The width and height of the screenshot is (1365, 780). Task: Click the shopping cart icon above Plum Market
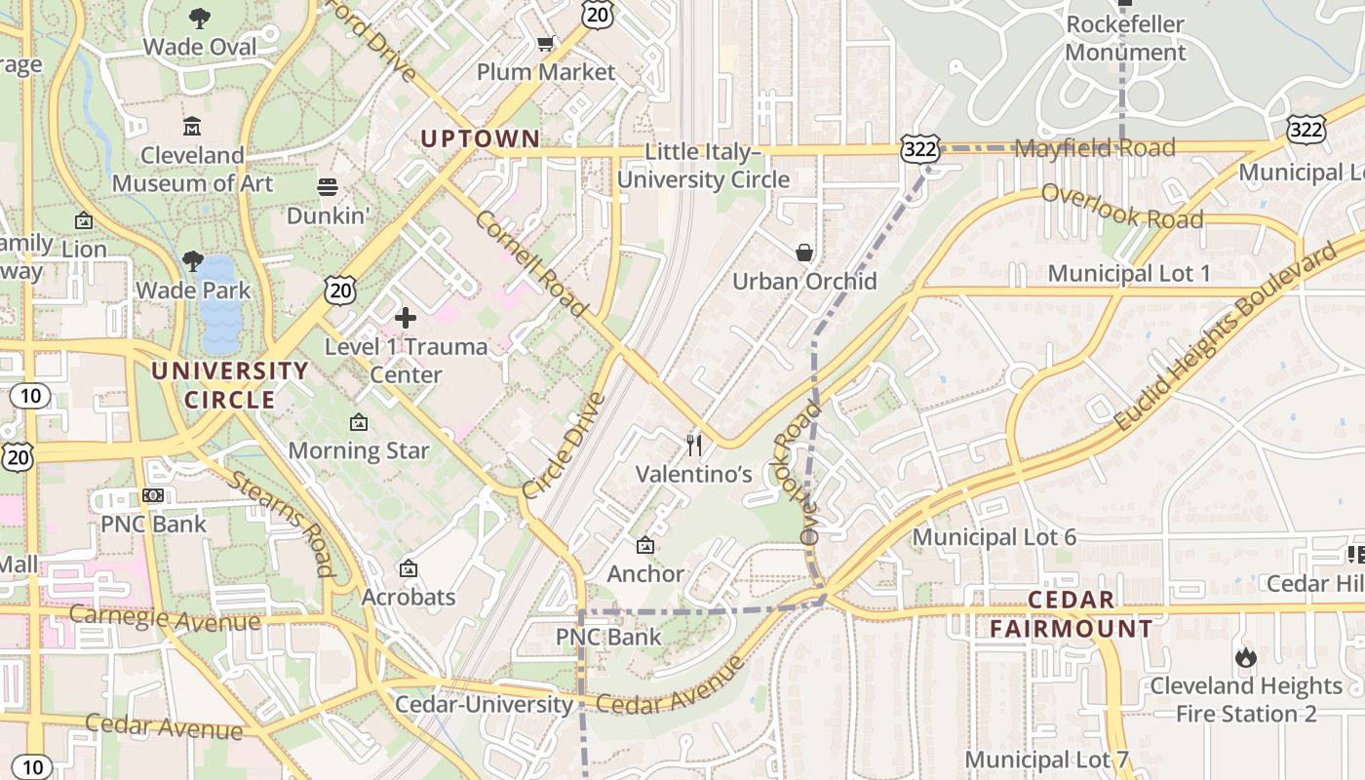click(546, 43)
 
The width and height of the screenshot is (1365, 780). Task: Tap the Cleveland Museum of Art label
click(192, 169)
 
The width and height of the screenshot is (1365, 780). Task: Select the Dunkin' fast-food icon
click(327, 186)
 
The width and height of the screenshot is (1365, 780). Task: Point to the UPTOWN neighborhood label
click(480, 138)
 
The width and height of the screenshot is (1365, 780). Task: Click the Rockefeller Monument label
click(1125, 38)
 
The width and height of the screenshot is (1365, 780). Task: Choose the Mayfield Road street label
click(1095, 148)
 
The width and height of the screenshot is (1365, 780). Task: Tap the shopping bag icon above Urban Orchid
click(804, 253)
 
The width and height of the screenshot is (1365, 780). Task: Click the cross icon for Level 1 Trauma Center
click(406, 318)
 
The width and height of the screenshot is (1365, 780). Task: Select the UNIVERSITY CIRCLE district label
click(230, 385)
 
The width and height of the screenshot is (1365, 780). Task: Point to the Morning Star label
click(358, 450)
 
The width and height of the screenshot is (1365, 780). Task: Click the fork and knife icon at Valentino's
click(694, 446)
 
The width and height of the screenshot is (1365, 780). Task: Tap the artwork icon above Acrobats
click(409, 568)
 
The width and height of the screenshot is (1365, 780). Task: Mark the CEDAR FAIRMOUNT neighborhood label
click(1072, 614)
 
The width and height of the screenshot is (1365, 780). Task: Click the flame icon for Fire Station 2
click(1245, 657)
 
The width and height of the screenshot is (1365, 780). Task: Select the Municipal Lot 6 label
click(994, 537)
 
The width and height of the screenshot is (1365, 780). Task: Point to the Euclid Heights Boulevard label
click(1226, 337)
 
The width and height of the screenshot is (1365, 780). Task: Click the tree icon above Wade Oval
click(200, 18)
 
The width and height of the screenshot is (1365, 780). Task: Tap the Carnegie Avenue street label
click(165, 618)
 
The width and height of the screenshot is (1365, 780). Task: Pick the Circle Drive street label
click(565, 446)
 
